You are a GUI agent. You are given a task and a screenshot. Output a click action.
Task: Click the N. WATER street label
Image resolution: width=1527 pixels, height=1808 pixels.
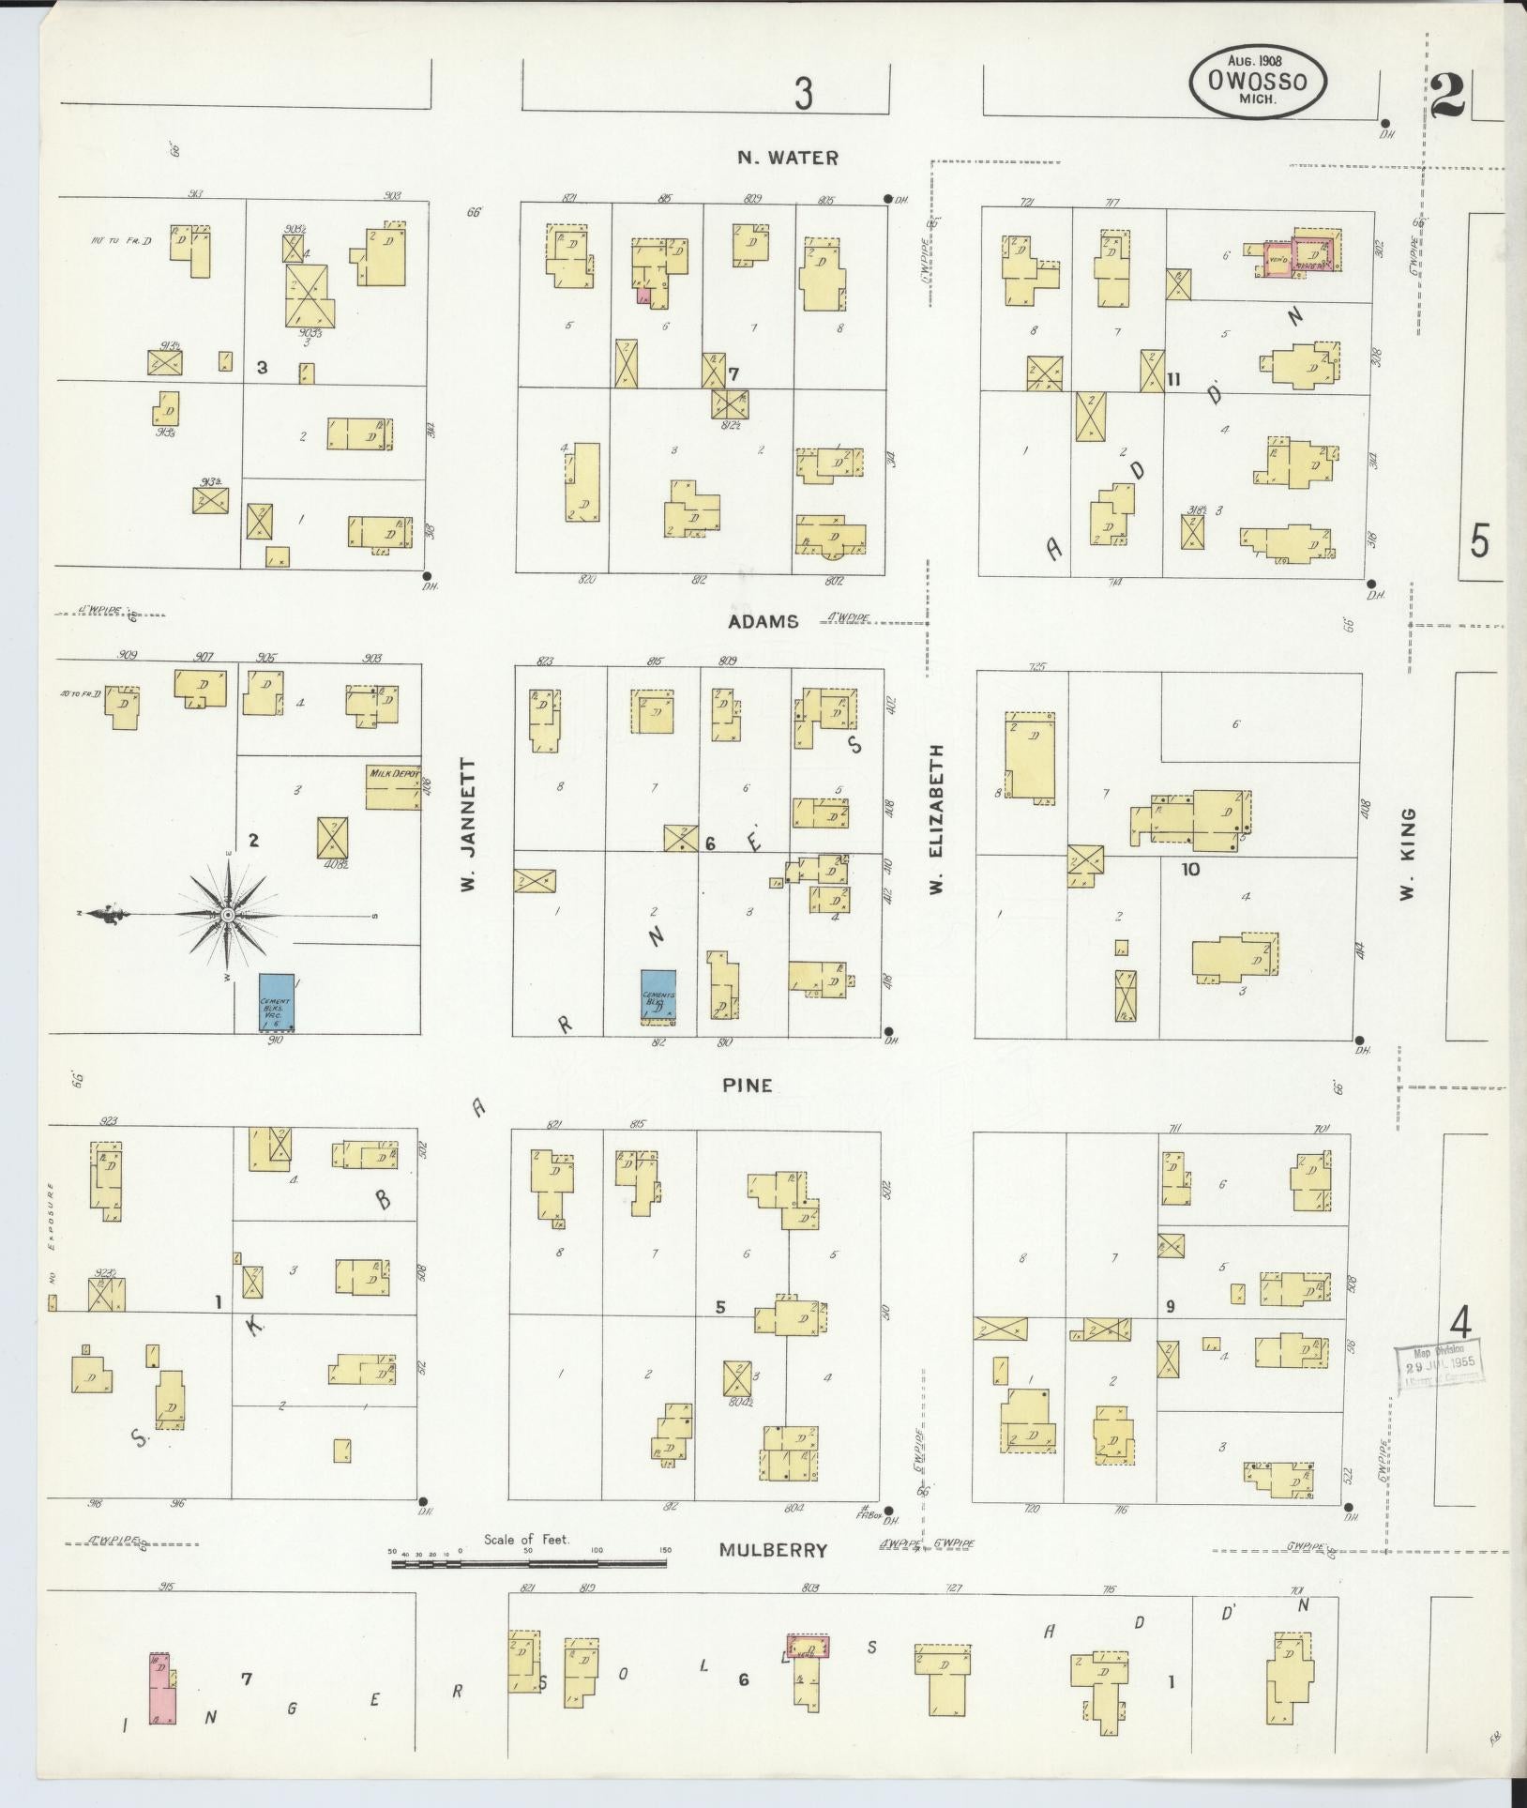pos(787,158)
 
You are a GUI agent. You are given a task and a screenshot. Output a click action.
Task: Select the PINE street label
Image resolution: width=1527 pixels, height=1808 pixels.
pos(748,1085)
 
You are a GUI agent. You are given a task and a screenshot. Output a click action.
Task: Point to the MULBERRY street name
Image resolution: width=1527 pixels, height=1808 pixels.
pos(774,1549)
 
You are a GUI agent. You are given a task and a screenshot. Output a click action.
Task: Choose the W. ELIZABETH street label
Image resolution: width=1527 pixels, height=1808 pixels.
pos(936,818)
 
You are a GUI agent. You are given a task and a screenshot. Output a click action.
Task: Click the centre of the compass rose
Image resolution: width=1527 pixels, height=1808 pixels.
pos(227,914)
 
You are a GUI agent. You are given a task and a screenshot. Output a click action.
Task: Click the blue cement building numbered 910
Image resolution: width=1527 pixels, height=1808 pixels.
pos(277,1001)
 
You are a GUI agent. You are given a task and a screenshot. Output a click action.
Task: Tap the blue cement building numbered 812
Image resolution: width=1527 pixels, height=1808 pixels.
pos(658,995)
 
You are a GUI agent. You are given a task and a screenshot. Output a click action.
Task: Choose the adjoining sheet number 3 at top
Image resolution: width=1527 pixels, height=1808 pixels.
pos(803,95)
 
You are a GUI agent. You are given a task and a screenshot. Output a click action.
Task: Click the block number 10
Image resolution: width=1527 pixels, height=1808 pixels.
pos(1190,869)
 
